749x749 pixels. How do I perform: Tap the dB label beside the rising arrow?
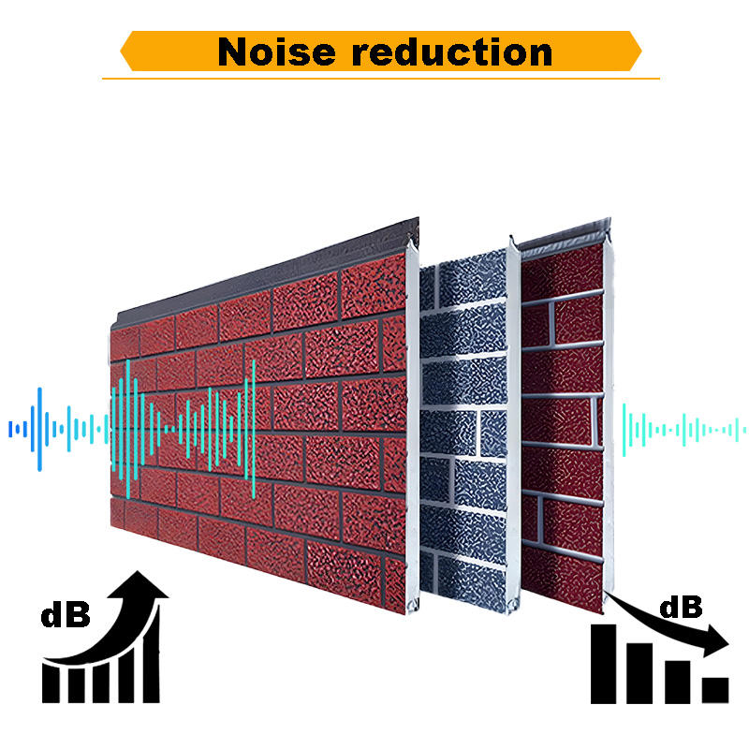coord(66,615)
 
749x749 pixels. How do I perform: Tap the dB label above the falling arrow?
coord(681,607)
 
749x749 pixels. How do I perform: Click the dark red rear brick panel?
coord(562,421)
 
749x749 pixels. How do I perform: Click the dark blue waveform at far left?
coord(42,429)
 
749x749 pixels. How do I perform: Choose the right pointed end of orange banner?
coord(637,51)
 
